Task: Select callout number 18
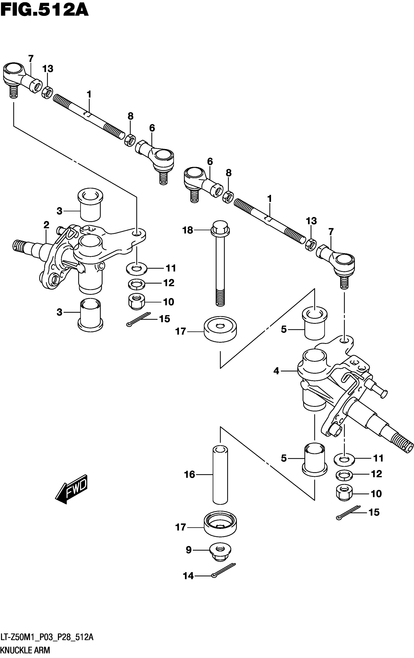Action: (188, 230)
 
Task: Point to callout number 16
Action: (189, 474)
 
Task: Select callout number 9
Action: (188, 550)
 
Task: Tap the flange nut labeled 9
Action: (220, 551)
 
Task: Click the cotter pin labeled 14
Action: (223, 571)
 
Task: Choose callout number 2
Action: (47, 225)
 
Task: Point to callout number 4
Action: (276, 371)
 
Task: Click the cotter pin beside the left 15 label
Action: (139, 319)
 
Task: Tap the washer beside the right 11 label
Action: (344, 458)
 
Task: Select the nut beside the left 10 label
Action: (136, 301)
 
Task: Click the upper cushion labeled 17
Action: (220, 329)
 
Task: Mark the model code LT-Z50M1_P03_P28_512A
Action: (47, 638)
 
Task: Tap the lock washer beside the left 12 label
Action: (137, 283)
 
